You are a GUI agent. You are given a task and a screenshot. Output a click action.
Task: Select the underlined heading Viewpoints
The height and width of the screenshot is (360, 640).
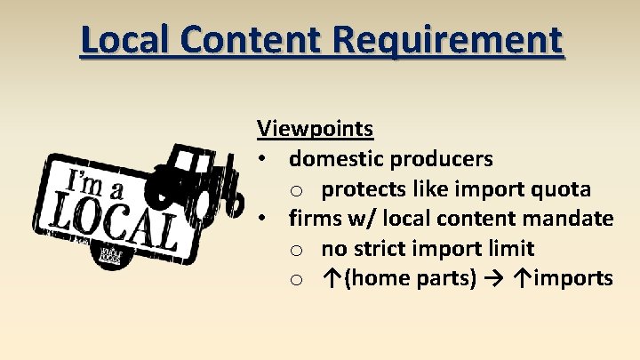tap(315, 129)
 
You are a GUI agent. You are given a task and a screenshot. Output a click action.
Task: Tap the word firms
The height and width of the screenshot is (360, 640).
tap(313, 219)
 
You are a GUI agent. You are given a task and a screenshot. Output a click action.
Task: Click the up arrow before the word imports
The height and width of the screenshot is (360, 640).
tap(522, 279)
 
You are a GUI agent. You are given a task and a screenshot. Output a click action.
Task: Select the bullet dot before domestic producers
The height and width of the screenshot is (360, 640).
tap(264, 160)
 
